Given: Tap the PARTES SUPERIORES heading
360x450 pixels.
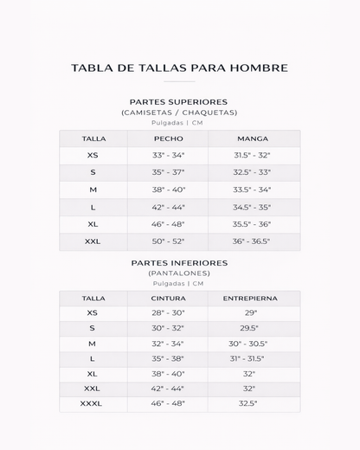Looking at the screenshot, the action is [179, 101].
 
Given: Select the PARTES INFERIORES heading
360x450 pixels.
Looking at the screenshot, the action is [179, 262].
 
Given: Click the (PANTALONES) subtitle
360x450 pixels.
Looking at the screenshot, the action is [179, 273].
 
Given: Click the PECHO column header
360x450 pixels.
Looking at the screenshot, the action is [168, 138].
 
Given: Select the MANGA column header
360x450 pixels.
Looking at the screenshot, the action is [252, 138].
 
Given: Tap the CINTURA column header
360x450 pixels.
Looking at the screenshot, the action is [168, 298].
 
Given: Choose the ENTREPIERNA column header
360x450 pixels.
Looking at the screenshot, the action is [250, 298].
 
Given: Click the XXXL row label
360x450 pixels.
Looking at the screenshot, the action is [91, 403].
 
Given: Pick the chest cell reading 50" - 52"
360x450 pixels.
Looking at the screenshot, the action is [168, 242].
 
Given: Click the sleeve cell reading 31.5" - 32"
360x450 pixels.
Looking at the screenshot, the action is [252, 156].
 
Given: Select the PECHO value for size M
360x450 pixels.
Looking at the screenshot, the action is [168, 190].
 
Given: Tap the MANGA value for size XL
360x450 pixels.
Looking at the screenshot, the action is [252, 225].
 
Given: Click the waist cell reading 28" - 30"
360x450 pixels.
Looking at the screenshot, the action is [168, 312].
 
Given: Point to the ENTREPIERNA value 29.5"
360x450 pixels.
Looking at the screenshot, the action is [250, 328].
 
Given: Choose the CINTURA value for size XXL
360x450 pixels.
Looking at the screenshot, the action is [168, 389].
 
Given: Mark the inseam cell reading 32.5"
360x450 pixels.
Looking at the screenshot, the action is [250, 403].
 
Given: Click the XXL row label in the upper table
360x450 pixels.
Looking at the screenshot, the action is [93, 242].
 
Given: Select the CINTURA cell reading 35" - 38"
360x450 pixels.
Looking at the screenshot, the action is [168, 358].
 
